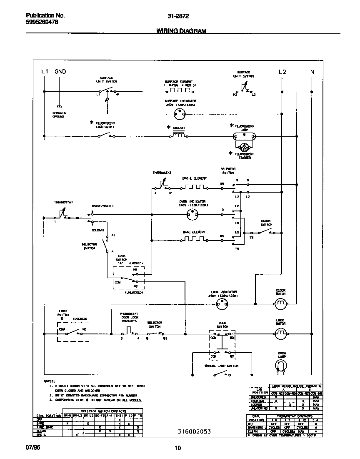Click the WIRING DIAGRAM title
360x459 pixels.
click(181, 31)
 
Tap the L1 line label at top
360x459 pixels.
click(45, 72)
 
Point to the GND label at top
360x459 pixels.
click(60, 72)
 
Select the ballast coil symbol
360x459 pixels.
click(179, 135)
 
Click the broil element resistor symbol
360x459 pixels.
click(195, 187)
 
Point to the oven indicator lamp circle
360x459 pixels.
click(193, 215)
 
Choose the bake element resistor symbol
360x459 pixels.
click(193, 239)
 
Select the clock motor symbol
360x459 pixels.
click(280, 303)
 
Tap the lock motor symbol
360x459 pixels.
click(280, 333)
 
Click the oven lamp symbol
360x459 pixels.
click(282, 366)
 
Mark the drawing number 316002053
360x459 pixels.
click(191, 431)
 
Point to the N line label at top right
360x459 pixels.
click(312, 72)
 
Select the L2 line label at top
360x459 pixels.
click(282, 72)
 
